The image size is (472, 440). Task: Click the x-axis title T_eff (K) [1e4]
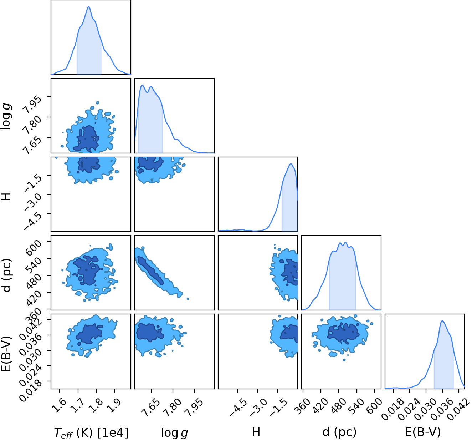click(x=91, y=433)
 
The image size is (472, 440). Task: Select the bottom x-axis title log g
click(x=174, y=433)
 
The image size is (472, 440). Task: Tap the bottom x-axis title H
click(x=256, y=432)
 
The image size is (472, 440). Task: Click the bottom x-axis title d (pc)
click(x=339, y=432)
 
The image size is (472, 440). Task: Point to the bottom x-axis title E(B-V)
click(x=423, y=432)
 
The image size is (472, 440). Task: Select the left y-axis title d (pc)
click(x=7, y=275)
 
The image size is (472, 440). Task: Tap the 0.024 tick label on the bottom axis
click(x=409, y=409)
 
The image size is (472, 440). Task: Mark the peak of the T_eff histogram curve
click(x=89, y=6)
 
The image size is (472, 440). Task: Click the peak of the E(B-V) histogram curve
click(x=442, y=321)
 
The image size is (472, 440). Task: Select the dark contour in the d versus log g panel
click(x=151, y=270)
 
